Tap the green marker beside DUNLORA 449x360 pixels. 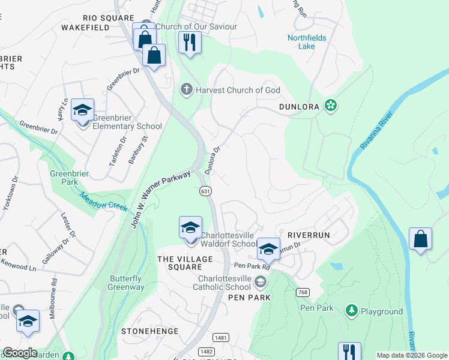tap(330, 106)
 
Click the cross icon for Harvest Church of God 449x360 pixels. tap(186, 90)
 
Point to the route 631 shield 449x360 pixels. tap(205, 191)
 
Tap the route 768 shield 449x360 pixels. tap(303, 292)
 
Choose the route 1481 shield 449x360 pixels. tap(220, 338)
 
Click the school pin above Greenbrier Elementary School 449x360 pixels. tap(82, 110)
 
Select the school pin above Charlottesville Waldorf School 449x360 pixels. tap(190, 229)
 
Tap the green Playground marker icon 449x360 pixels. tap(352, 311)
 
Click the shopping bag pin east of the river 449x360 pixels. tap(421, 239)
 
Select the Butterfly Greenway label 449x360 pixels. tap(127, 283)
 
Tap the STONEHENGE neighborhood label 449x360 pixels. tap(150, 331)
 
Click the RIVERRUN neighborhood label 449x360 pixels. tap(309, 235)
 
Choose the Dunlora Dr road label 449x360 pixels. tap(213, 160)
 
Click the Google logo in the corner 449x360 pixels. tap(20, 353)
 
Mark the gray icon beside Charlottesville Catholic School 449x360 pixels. tap(260, 281)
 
